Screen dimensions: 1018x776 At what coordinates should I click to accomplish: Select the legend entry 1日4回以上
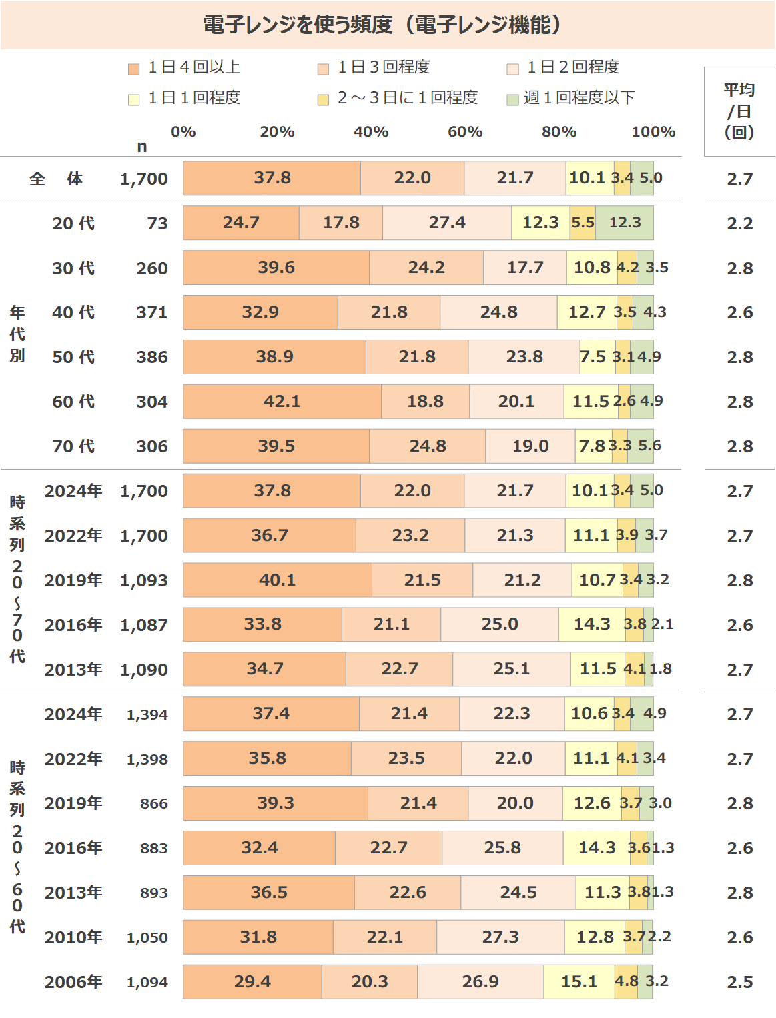(193, 67)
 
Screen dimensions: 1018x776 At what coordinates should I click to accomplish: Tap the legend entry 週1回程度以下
(578, 98)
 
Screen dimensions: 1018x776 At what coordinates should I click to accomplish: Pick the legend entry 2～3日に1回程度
(407, 98)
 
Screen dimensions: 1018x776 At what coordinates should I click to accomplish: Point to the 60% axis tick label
(465, 132)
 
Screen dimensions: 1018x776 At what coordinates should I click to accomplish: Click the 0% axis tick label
(183, 132)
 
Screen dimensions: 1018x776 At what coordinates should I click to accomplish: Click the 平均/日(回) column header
(739, 111)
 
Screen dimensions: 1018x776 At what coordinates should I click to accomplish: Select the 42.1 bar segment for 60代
(282, 402)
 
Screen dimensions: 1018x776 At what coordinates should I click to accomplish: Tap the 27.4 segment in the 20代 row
(447, 223)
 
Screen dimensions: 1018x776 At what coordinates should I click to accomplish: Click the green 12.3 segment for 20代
(625, 223)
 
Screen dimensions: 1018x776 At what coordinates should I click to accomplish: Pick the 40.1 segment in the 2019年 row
(278, 580)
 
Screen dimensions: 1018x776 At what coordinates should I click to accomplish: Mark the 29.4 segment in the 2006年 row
(252, 982)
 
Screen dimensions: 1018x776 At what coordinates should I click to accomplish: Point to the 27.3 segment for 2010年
(500, 937)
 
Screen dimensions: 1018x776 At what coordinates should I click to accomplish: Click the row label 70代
(73, 446)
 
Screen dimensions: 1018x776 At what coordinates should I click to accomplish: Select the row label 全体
(56, 179)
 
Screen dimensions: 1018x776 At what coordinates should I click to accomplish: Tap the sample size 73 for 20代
(157, 223)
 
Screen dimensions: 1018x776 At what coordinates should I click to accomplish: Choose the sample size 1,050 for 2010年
(147, 937)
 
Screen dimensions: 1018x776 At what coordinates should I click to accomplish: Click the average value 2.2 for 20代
(740, 223)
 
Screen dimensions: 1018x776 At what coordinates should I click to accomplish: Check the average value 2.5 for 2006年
(740, 982)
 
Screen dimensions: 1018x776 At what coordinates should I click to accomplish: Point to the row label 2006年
(73, 982)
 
